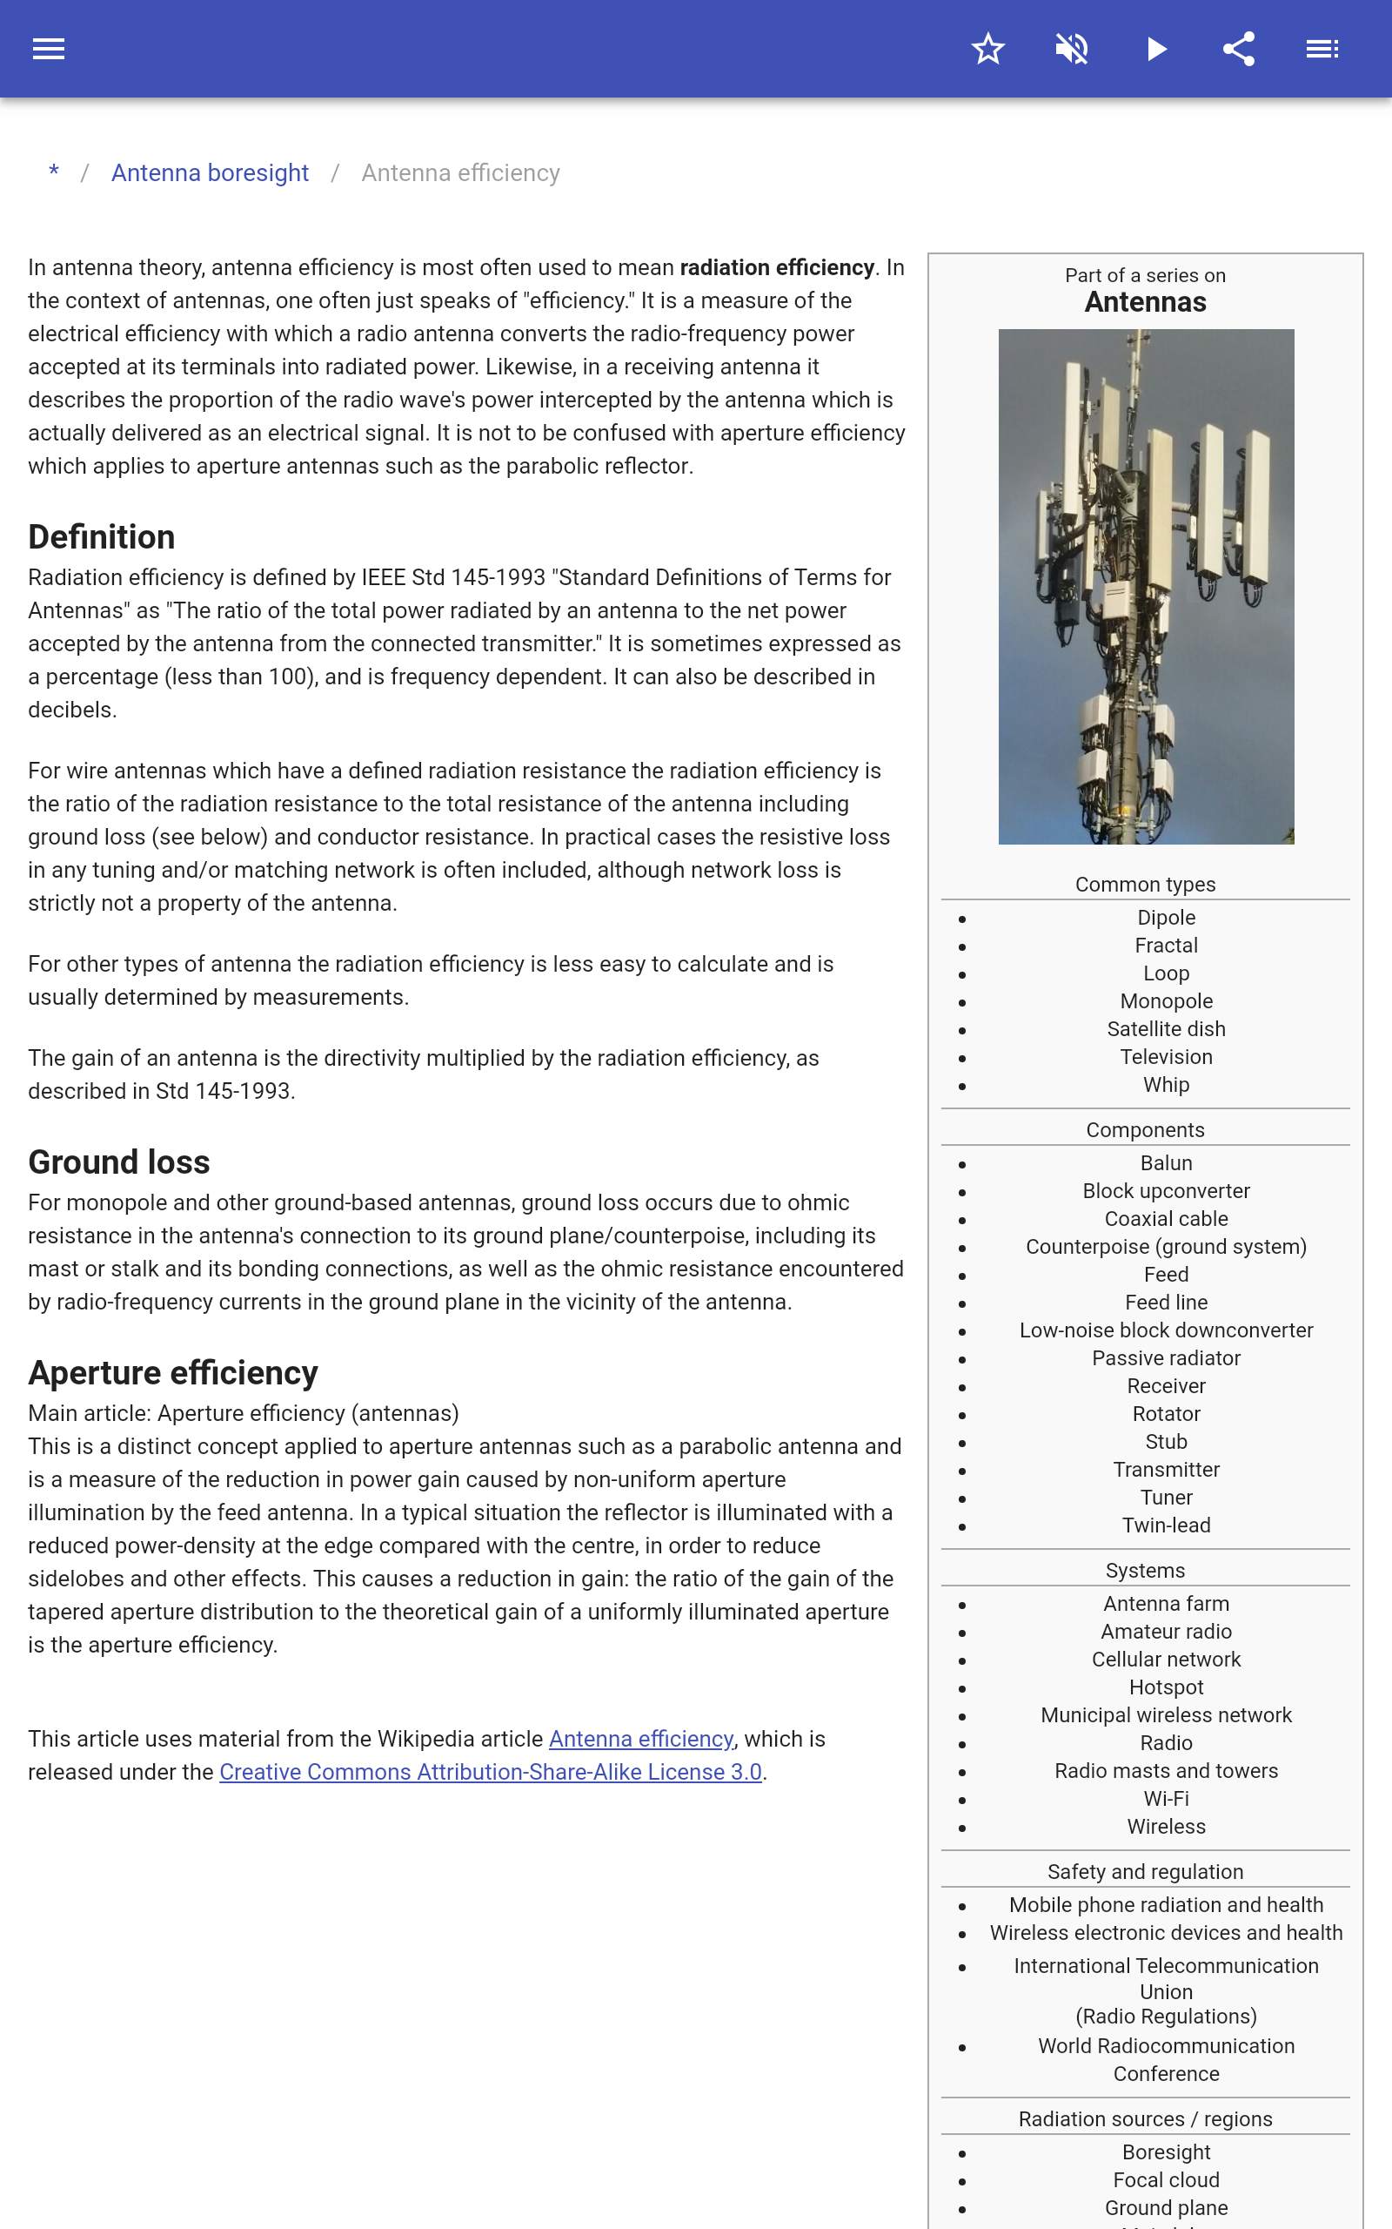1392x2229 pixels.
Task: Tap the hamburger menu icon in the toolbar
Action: tap(49, 49)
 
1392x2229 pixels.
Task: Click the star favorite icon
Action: tap(987, 49)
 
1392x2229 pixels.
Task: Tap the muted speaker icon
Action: tap(1072, 49)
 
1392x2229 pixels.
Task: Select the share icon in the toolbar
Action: tap(1239, 49)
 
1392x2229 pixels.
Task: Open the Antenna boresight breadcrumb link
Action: tap(210, 173)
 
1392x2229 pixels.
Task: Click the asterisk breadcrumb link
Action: tap(54, 172)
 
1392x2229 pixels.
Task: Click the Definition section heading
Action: tap(101, 537)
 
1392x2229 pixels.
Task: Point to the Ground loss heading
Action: tap(119, 1162)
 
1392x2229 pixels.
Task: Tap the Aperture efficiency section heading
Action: tap(173, 1372)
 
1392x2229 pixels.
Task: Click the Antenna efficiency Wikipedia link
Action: tap(641, 1739)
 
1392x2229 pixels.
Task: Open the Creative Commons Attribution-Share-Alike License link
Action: tap(490, 1772)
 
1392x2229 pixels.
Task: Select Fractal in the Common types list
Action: tap(1166, 946)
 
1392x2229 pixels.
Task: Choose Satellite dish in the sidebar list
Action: tap(1166, 1029)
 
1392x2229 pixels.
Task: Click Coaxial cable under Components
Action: tap(1166, 1219)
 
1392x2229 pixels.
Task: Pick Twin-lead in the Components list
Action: tap(1166, 1525)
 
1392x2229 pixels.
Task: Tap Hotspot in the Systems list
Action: tap(1166, 1687)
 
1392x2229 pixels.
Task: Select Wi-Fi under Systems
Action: tap(1166, 1799)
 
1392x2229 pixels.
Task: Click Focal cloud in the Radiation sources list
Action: tap(1166, 2180)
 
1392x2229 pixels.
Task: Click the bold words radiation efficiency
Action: tap(776, 268)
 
